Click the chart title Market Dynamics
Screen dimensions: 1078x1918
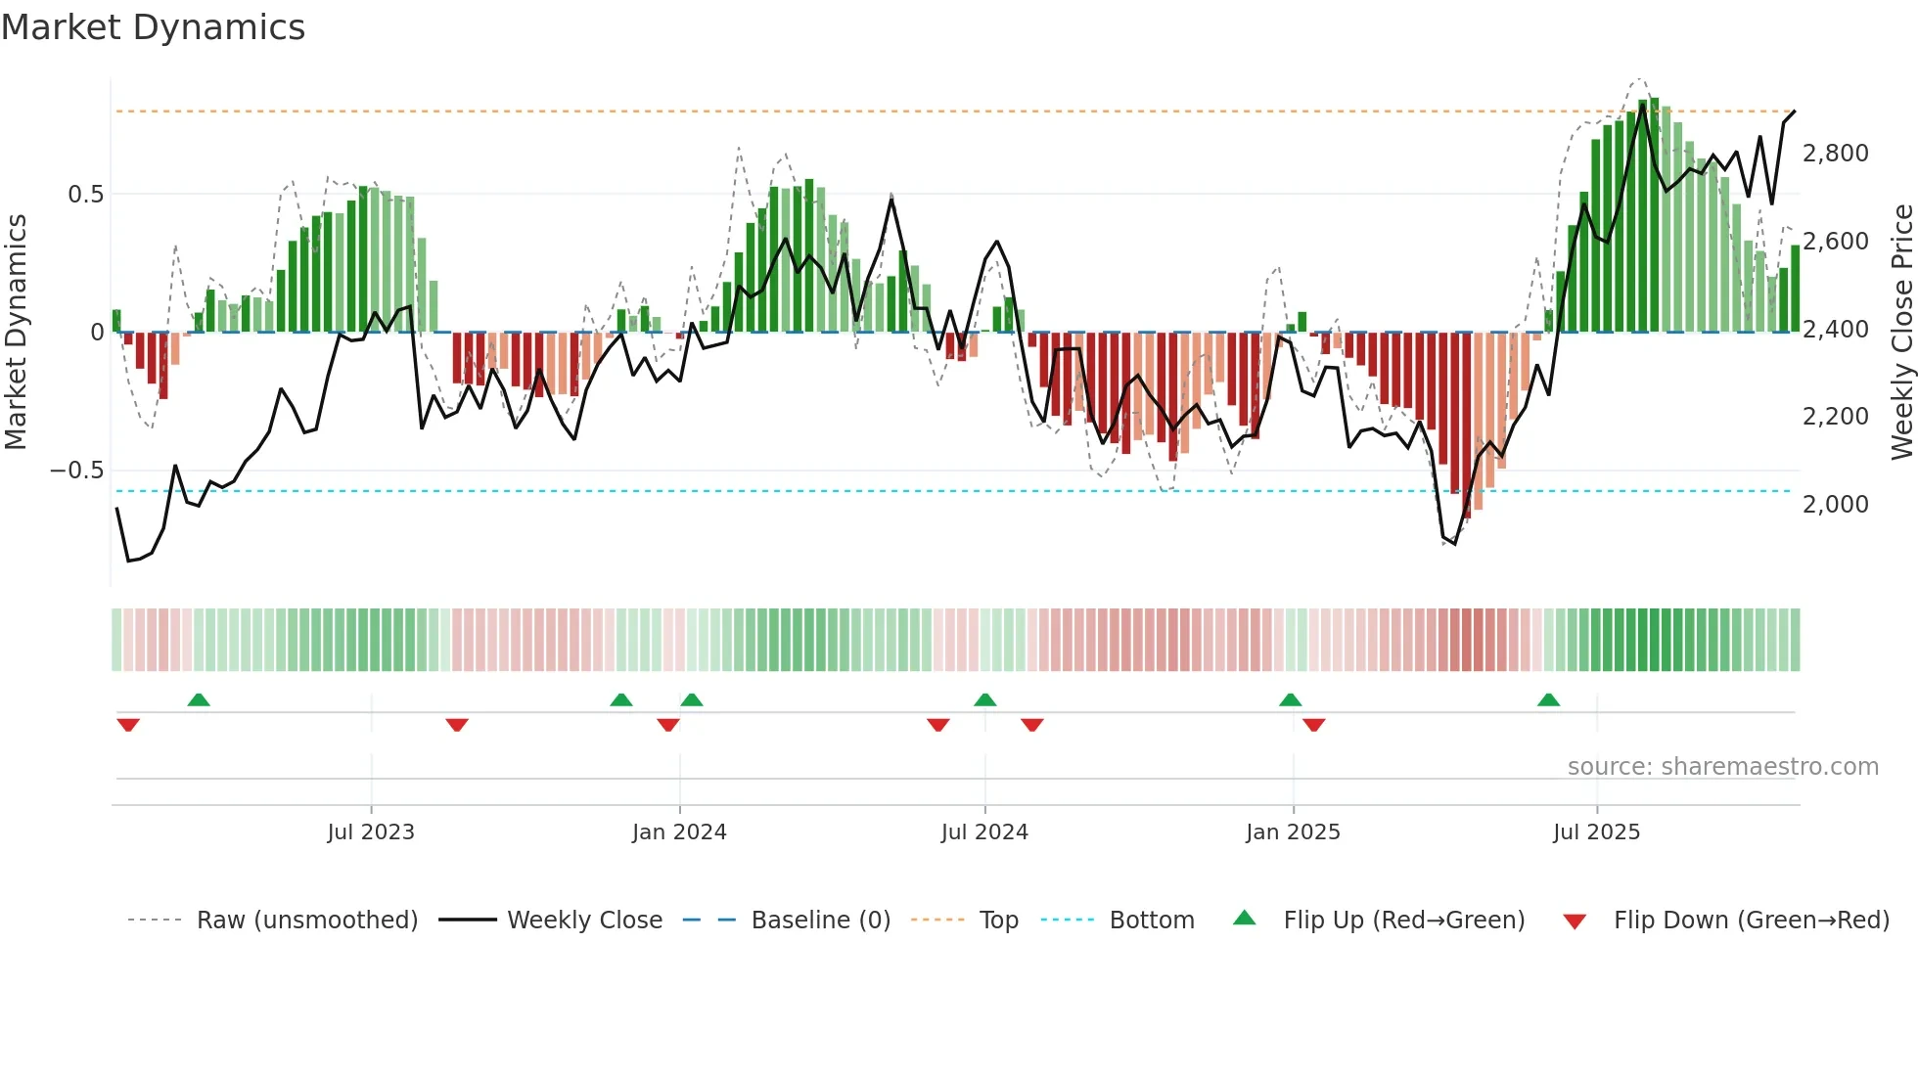coord(153,27)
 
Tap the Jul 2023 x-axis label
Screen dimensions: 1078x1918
coord(371,832)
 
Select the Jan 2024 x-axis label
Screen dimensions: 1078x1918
coord(679,832)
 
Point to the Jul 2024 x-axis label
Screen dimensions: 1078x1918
coord(984,832)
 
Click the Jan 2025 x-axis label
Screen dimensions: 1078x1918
coord(1293,832)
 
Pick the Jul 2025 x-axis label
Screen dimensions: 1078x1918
coord(1596,832)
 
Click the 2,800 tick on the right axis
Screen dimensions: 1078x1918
coord(1835,154)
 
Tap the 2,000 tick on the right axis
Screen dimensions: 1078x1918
coord(1835,505)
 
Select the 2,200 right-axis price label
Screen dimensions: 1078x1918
coord(1835,417)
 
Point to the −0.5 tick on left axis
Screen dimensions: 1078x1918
coord(76,471)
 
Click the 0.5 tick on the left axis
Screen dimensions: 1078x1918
coord(85,195)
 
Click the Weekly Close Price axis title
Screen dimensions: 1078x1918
coord(1901,333)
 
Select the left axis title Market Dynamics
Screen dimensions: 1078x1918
coord(16,333)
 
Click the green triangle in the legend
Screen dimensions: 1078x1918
coord(1244,918)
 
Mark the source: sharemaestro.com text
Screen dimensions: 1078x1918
coord(1722,767)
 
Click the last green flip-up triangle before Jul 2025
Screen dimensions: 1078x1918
coord(1548,700)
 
